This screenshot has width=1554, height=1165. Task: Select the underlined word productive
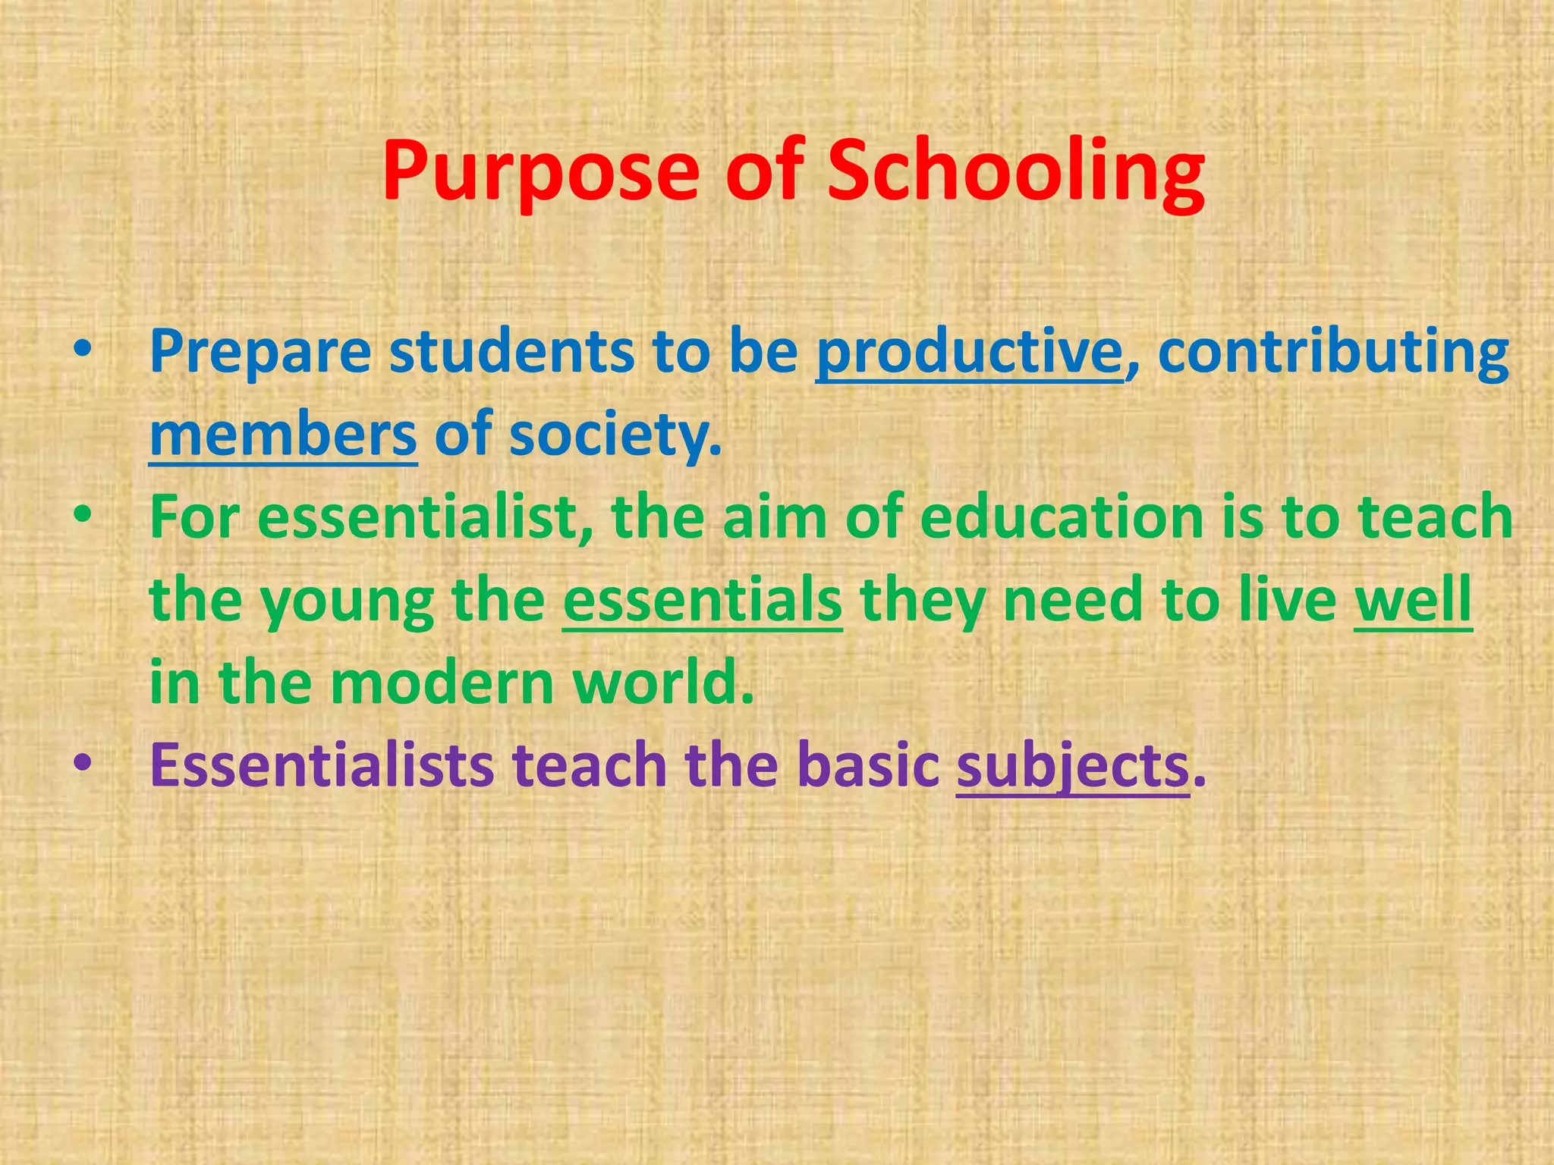tap(969, 352)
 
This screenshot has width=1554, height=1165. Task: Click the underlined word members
tap(283, 435)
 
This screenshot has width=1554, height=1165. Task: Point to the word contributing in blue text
tap(1333, 352)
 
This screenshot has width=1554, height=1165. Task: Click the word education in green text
tap(1062, 518)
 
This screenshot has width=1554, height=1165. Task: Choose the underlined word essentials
tap(702, 600)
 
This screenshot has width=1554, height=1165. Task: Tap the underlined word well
tap(1413, 600)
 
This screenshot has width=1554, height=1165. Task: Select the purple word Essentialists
tap(322, 765)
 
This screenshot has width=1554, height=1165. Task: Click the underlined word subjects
tap(1072, 767)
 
